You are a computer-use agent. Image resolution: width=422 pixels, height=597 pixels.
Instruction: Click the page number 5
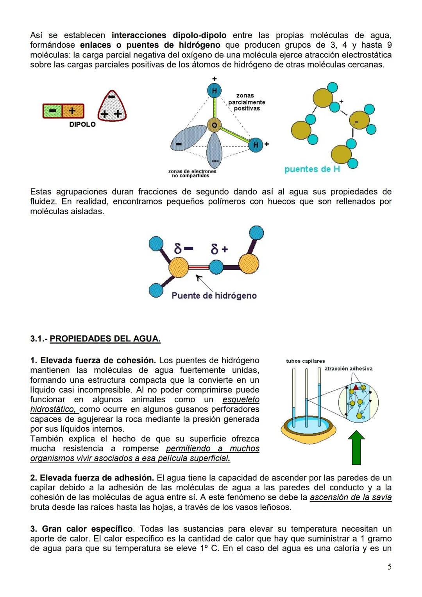click(389, 567)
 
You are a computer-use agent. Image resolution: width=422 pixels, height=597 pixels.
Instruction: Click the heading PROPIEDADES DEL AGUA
click(105, 339)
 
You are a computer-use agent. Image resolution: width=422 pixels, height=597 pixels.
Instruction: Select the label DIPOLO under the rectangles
click(82, 125)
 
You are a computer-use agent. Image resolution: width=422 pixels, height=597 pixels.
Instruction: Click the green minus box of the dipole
click(53, 111)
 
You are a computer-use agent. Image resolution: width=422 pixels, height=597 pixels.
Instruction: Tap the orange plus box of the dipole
click(73, 111)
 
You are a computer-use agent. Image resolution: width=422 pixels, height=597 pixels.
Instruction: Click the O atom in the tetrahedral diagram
click(214, 125)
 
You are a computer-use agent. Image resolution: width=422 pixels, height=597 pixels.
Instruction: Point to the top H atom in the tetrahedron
click(214, 91)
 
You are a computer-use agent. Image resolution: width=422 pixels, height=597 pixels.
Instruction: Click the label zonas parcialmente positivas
click(246, 102)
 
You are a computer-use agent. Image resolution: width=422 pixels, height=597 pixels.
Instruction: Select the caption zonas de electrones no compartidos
click(192, 174)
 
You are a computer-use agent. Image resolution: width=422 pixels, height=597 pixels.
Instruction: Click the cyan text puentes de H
click(312, 169)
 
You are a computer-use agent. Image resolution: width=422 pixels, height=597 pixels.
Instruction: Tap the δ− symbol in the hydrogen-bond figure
click(183, 249)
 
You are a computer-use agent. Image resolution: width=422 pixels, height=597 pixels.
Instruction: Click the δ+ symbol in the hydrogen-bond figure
click(219, 249)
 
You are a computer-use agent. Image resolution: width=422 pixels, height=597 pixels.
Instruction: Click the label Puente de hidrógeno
click(214, 296)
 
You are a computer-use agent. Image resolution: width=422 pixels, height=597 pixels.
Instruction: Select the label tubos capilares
click(305, 361)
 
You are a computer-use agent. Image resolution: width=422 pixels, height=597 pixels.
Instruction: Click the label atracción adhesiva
click(348, 369)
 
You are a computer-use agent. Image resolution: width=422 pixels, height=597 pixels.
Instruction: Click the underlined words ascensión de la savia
click(350, 497)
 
